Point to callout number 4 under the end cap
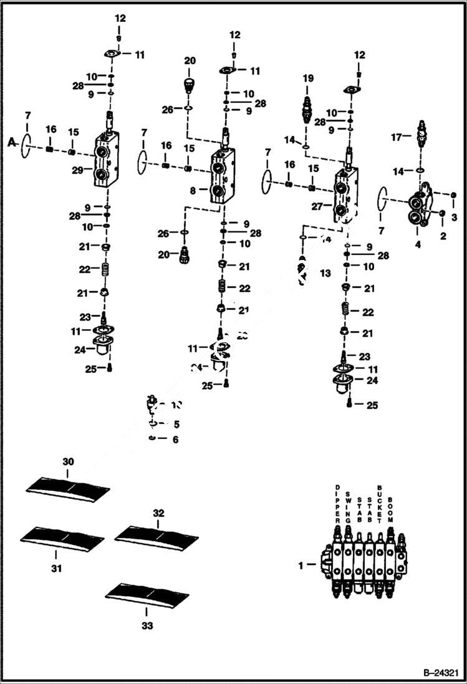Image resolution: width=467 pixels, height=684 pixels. click(418, 244)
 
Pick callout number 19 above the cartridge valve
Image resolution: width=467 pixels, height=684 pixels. click(307, 79)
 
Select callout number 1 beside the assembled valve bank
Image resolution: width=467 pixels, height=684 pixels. click(302, 565)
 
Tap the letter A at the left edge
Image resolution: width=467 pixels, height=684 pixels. click(11, 143)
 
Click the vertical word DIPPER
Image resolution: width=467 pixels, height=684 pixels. click(337, 503)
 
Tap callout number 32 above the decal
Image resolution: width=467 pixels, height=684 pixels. click(158, 513)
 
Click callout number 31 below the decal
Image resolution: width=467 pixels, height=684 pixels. click(57, 568)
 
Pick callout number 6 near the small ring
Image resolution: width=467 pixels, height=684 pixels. click(175, 440)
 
